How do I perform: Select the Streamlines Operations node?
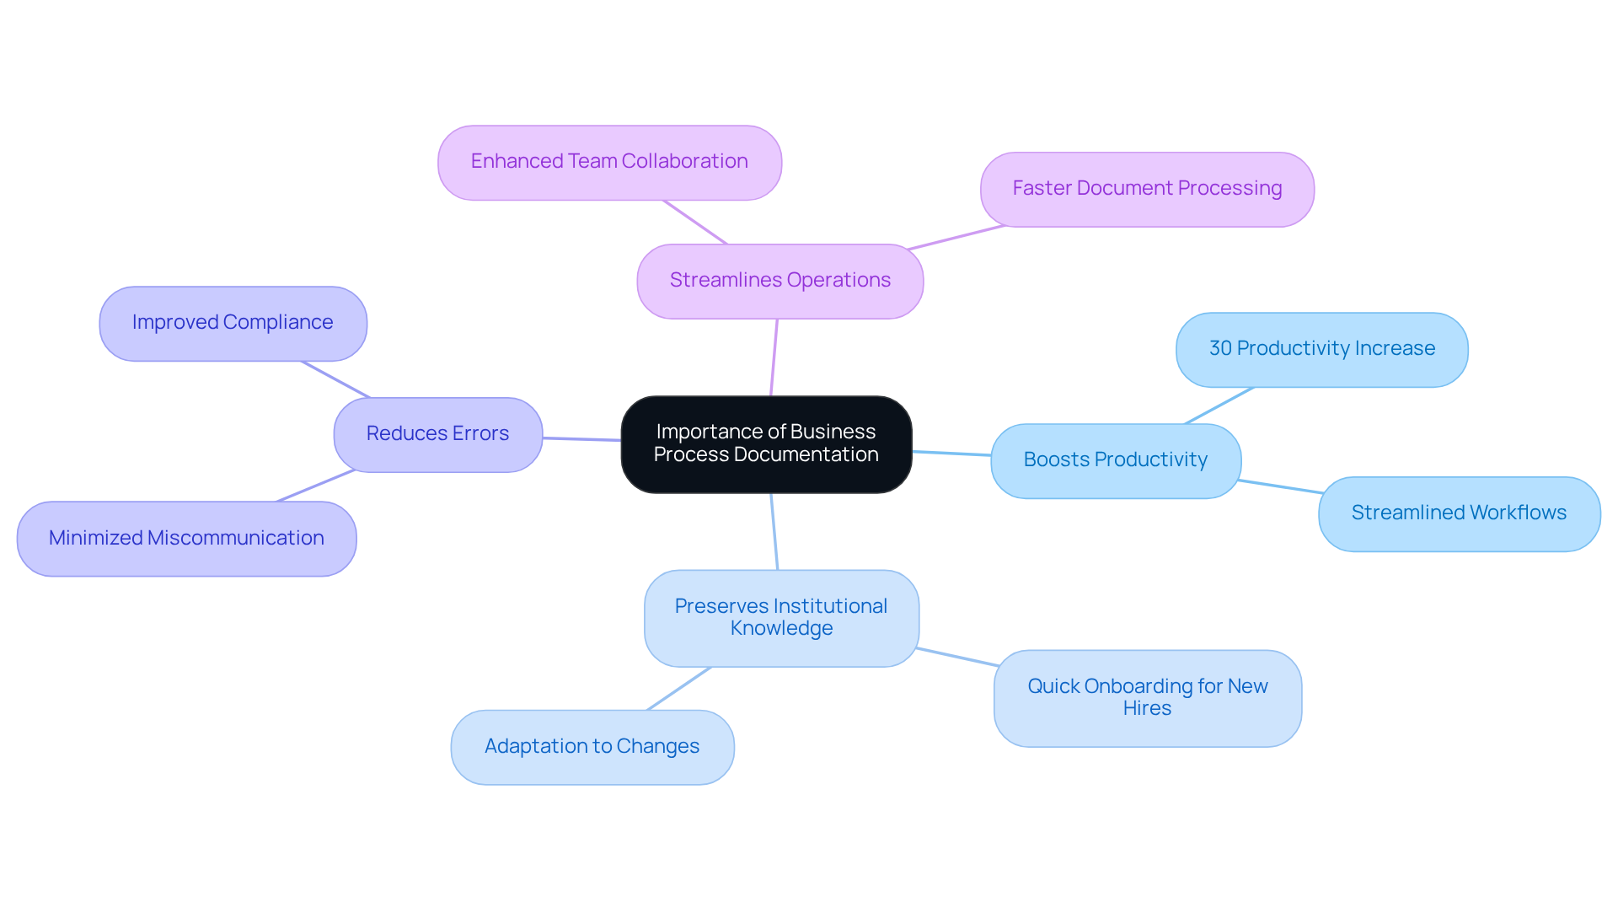(780, 281)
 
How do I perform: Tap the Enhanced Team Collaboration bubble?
(609, 162)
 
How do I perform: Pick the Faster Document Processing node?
(1146, 189)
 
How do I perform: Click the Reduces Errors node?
(437, 434)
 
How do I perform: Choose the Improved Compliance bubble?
(233, 323)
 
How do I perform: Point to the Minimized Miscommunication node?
(186, 539)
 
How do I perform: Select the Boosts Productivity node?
(1115, 460)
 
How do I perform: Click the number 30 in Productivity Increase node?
(1220, 349)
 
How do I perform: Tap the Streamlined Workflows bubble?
(1458, 513)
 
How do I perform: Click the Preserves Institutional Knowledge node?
(780, 618)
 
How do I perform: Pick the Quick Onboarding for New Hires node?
(1147, 697)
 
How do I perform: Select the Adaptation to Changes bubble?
(592, 747)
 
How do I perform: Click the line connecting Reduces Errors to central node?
(581, 438)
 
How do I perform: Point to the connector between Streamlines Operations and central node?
(774, 357)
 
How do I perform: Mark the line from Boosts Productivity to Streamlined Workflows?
(1279, 486)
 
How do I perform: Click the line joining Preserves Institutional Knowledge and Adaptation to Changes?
(679, 689)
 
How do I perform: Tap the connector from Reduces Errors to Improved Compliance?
(335, 379)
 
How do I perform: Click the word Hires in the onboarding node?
(1147, 709)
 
